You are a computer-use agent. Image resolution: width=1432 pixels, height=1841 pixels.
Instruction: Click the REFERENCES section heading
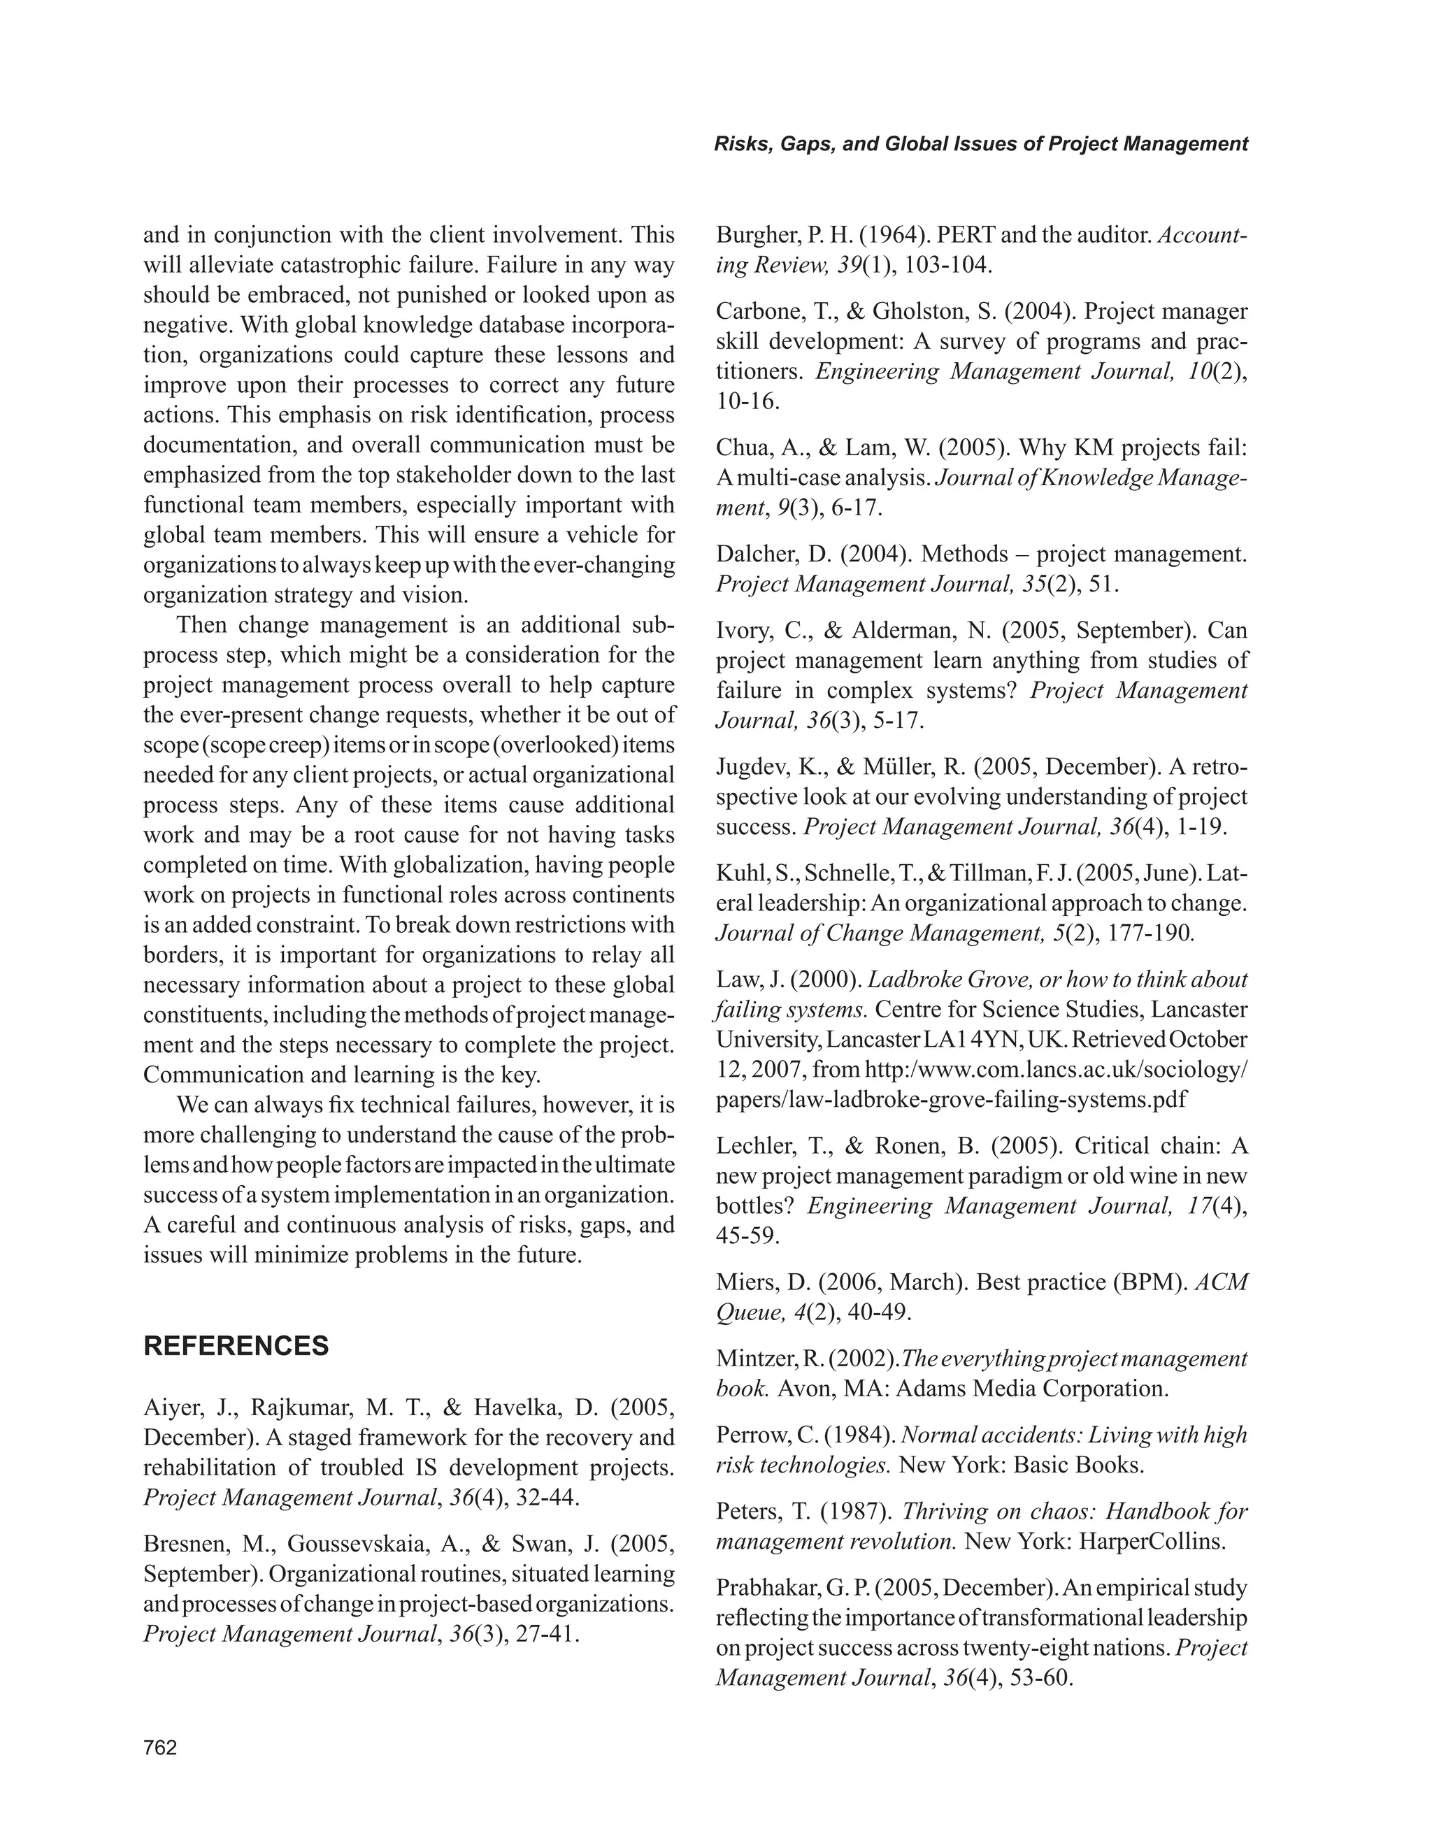tap(236, 1346)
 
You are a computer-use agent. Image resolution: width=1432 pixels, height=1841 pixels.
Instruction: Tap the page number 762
tap(160, 1748)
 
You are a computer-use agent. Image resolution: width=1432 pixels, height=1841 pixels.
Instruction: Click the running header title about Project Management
tap(980, 144)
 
